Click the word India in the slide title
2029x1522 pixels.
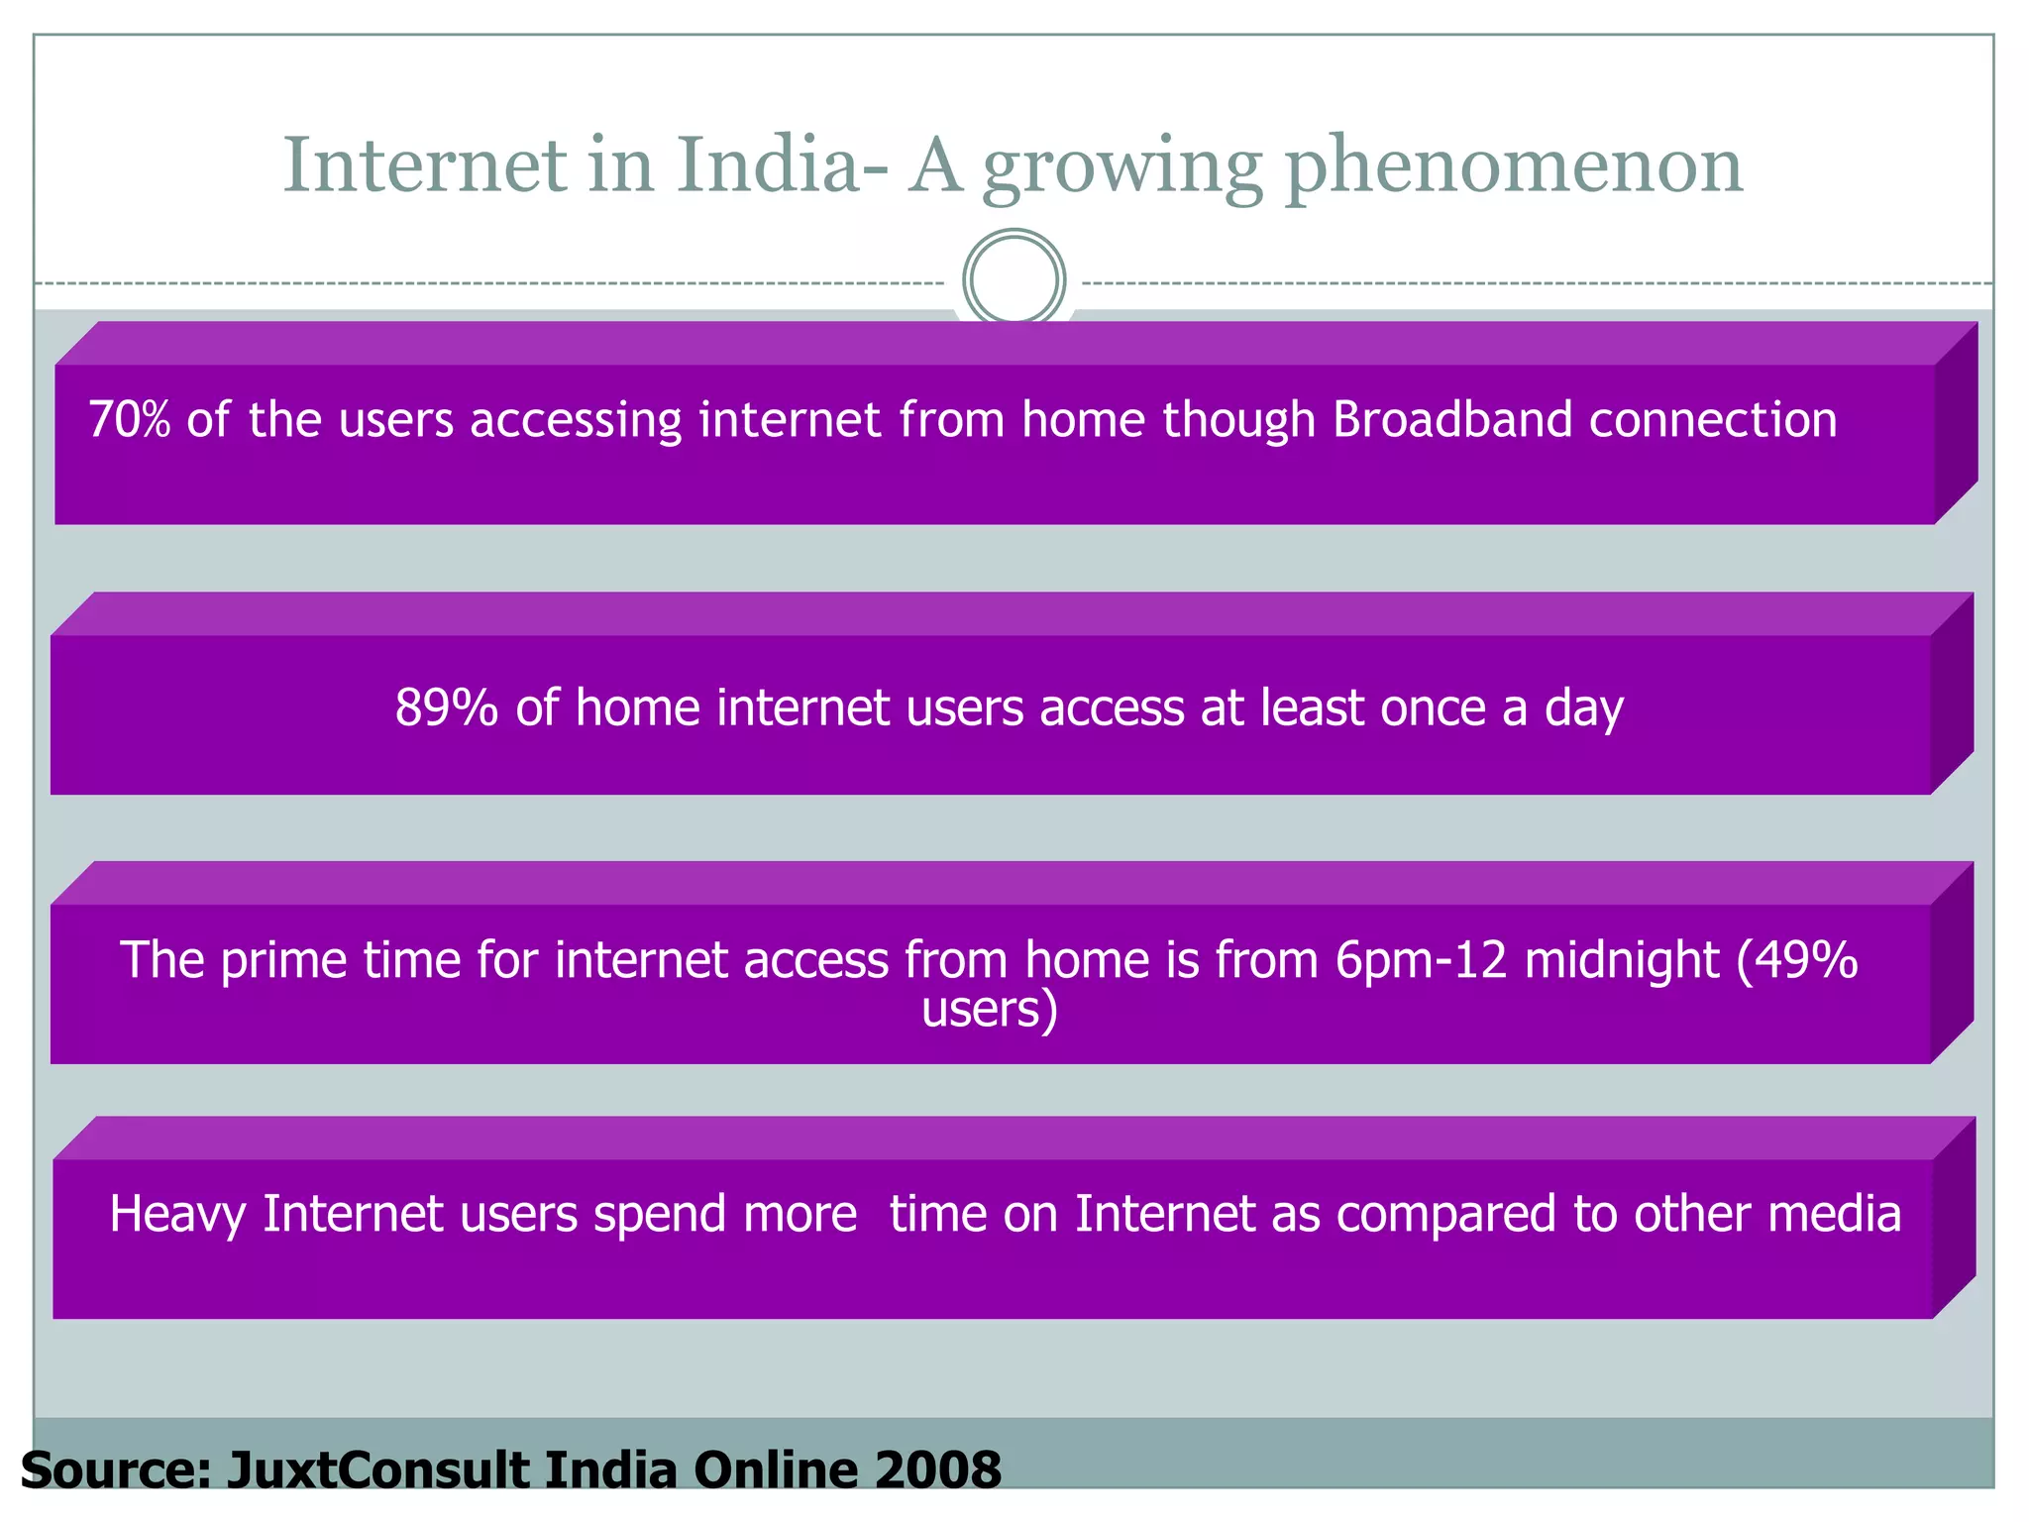pos(769,164)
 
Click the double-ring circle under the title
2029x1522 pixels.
pos(1014,279)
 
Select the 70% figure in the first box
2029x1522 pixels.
pos(129,419)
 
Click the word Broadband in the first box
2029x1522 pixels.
pos(1452,419)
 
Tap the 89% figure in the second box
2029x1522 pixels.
pos(446,707)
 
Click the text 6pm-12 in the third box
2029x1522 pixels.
pos(1421,960)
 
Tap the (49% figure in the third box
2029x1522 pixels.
pos(1797,960)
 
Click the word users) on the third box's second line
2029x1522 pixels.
pos(990,1010)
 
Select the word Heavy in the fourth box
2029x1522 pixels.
pos(177,1215)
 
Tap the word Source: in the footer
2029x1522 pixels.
pos(115,1469)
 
